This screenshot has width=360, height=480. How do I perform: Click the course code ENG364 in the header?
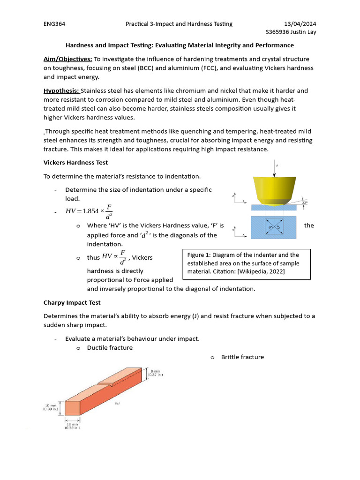[x=53, y=24]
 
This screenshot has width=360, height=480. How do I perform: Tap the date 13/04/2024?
[x=303, y=24]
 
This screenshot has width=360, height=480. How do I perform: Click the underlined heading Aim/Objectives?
[x=67, y=59]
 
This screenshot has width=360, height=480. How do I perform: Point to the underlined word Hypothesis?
[x=61, y=90]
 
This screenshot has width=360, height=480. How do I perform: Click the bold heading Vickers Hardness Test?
[x=75, y=163]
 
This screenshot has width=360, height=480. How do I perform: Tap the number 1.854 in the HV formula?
[x=88, y=211]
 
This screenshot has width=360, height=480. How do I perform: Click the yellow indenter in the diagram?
[x=274, y=189]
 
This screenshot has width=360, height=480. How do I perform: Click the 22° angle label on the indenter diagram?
[x=305, y=203]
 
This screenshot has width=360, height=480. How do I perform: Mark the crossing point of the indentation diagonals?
[x=274, y=228]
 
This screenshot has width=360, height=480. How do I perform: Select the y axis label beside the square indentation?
[x=233, y=230]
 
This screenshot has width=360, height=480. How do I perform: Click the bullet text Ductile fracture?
[x=110, y=348]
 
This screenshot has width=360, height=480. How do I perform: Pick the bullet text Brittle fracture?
[x=242, y=357]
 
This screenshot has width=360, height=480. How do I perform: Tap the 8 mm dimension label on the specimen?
[x=155, y=371]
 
